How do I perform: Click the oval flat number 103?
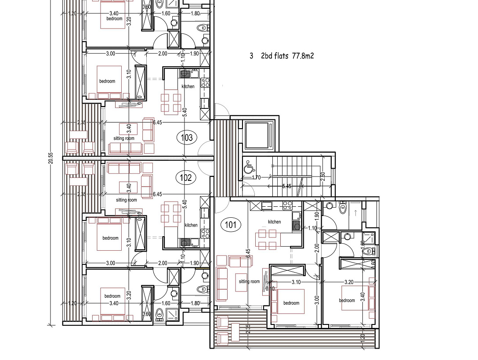pos(187,138)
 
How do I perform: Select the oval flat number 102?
pos(186,178)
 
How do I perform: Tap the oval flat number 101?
pos(231,226)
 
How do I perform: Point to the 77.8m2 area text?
pos(303,56)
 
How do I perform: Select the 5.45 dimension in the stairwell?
pos(286,186)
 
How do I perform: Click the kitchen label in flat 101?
pos(274,222)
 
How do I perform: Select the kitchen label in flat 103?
pos(188,86)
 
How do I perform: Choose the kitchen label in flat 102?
pos(191,225)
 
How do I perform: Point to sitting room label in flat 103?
pos(124,138)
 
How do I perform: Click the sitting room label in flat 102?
pos(126,200)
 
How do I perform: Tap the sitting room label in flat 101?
pos(250,281)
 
